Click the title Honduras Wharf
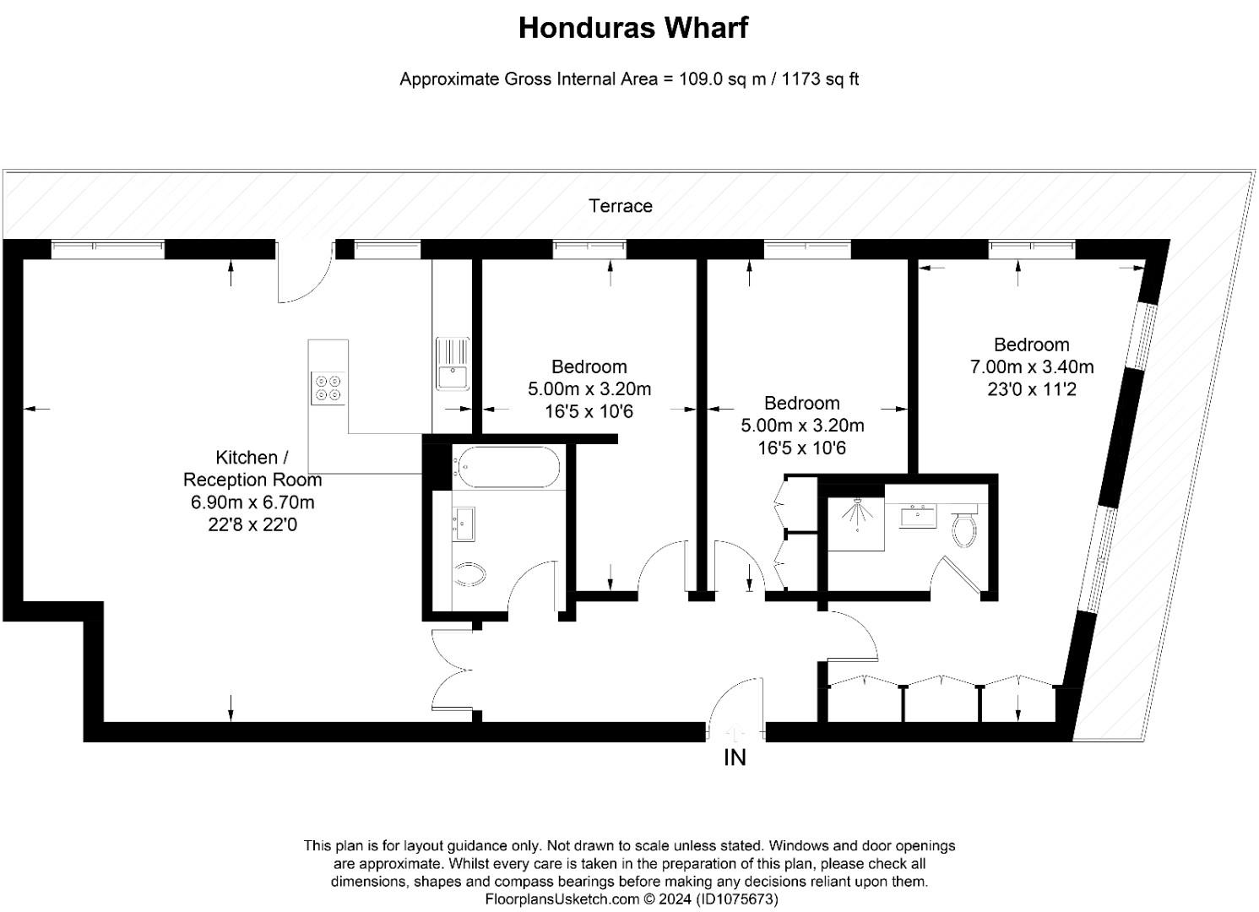click(x=632, y=28)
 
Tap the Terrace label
click(x=621, y=206)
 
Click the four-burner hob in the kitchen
click(x=328, y=387)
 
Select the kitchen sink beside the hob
click(x=453, y=364)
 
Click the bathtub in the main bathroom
click(x=507, y=467)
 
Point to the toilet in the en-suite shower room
click(x=963, y=527)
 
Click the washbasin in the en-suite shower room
click(x=917, y=516)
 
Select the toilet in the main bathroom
click(x=470, y=575)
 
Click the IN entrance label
click(x=735, y=758)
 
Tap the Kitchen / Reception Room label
click(x=252, y=469)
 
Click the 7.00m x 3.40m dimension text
click(x=1031, y=367)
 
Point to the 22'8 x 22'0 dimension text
click(x=252, y=525)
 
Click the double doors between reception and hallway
click(x=452, y=670)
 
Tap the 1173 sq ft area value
click(x=821, y=79)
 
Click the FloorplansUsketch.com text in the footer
click(x=562, y=899)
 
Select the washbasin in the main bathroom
click(x=463, y=524)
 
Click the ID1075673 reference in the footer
click(x=737, y=899)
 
